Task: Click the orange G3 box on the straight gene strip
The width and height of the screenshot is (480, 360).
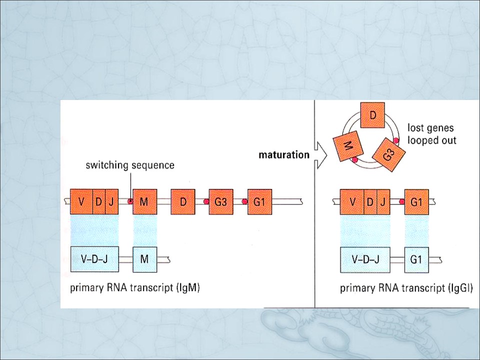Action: [x=221, y=201]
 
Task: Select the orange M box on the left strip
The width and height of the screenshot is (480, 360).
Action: [x=145, y=201]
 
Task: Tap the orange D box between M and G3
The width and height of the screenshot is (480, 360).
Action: [x=183, y=201]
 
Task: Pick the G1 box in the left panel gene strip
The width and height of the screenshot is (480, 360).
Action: [x=259, y=201]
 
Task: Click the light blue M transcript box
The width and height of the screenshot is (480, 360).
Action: [x=145, y=259]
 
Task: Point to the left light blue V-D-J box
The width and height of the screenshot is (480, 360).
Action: [x=94, y=259]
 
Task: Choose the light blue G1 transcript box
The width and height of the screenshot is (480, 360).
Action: [x=416, y=260]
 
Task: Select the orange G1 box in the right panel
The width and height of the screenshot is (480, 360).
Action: [x=416, y=201]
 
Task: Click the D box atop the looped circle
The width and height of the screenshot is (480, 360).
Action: [x=372, y=115]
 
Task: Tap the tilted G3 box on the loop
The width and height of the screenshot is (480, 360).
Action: [x=388, y=155]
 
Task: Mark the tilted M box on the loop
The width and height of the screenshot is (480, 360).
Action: [x=348, y=146]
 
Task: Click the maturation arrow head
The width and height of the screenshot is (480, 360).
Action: [x=321, y=155]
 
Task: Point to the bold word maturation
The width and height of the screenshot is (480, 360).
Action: [x=284, y=155]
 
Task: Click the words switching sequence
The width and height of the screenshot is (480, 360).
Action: [x=130, y=165]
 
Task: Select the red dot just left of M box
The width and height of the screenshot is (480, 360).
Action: [x=130, y=201]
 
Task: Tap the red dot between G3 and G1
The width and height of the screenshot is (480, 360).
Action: [x=244, y=201]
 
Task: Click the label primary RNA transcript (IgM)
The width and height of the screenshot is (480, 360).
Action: [x=135, y=288]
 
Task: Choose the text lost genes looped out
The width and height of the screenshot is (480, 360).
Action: [x=431, y=134]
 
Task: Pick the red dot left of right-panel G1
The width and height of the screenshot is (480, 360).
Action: [x=401, y=201]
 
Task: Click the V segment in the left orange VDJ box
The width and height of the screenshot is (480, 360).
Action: [x=81, y=201]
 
